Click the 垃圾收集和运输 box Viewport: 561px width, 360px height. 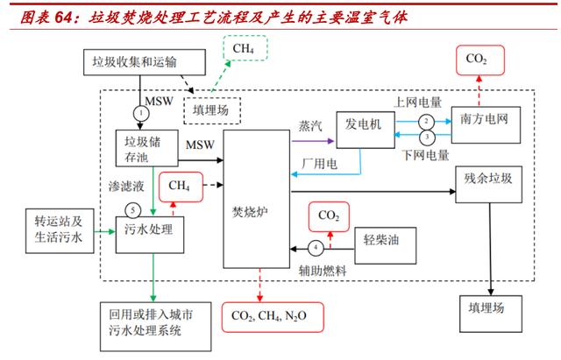tap(139, 62)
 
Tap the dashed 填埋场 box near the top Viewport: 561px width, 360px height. tap(210, 110)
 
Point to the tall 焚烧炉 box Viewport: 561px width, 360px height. tap(256, 210)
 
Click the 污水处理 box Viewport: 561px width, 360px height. tap(145, 230)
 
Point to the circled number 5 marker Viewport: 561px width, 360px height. tap(131, 209)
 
